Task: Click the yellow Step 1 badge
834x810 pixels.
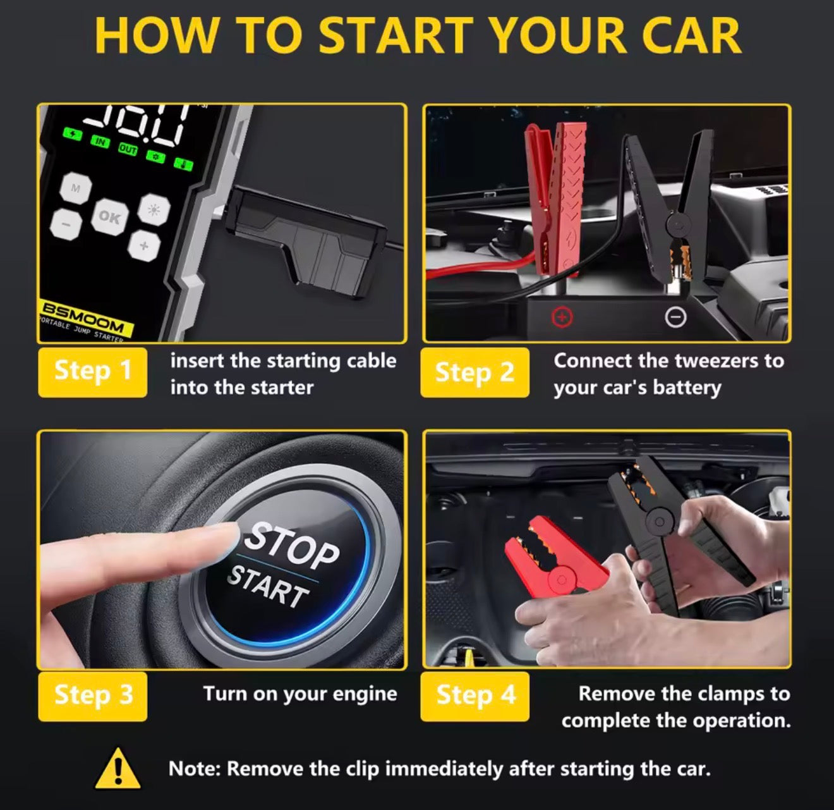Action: [92, 372]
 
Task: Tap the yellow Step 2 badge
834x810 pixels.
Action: [474, 372]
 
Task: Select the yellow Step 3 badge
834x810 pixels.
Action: [93, 696]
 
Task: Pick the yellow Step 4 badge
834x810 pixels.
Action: [475, 696]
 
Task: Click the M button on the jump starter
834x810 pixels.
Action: [76, 188]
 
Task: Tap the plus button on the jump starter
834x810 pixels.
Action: [144, 245]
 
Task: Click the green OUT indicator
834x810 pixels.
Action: [128, 149]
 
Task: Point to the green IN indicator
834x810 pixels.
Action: [100, 141]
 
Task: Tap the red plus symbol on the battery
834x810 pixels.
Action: [562, 316]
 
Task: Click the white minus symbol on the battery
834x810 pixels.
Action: [676, 317]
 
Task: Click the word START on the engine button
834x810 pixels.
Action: [268, 586]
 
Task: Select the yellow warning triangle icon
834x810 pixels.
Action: [118, 768]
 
